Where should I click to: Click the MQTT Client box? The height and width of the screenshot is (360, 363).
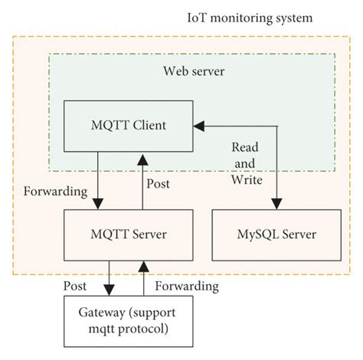click(x=127, y=124)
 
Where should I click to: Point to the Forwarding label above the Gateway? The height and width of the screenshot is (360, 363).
click(x=187, y=286)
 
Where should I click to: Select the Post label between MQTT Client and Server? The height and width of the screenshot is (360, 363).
click(x=158, y=184)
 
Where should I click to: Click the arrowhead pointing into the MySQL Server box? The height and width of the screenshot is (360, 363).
click(x=276, y=202)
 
